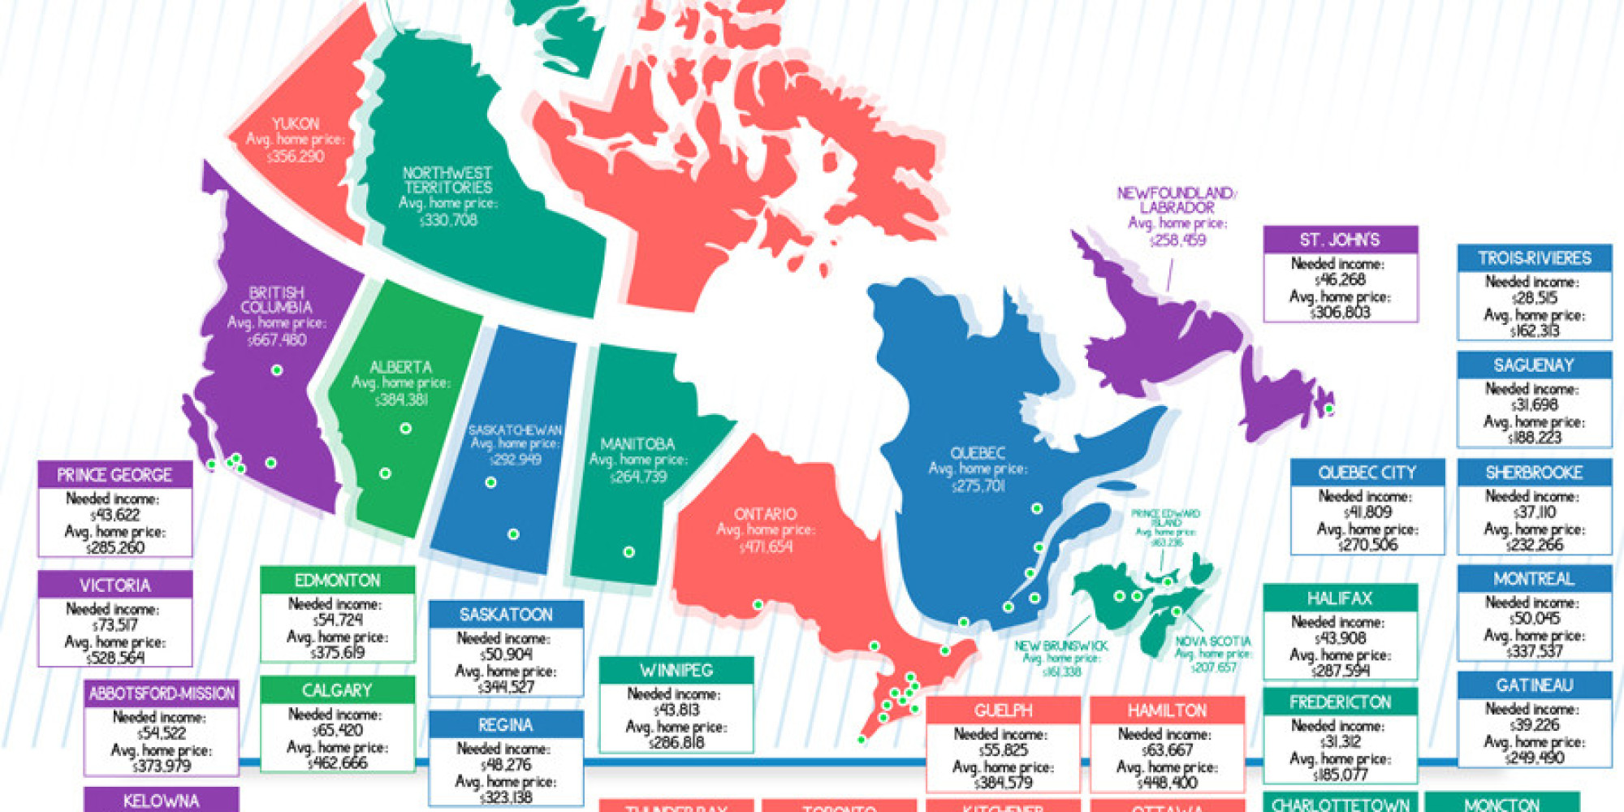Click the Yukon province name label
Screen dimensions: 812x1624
click(296, 123)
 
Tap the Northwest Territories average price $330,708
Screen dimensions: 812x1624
click(448, 220)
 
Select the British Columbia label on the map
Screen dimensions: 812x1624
click(276, 300)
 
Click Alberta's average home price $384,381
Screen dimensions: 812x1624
click(401, 400)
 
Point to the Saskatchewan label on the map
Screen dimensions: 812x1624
click(515, 430)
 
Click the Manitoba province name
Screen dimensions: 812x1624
click(637, 444)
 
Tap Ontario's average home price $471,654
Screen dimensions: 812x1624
click(765, 546)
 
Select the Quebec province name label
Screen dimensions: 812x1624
click(978, 453)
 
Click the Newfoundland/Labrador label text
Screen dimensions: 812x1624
click(1177, 200)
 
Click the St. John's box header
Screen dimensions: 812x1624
click(1340, 240)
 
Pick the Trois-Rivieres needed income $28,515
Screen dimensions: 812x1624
click(1534, 298)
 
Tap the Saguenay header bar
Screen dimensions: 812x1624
click(1534, 365)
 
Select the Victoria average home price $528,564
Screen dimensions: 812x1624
click(114, 658)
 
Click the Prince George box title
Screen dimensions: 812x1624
click(114, 474)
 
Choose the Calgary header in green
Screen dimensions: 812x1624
click(337, 690)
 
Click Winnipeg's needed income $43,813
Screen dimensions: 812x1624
click(676, 710)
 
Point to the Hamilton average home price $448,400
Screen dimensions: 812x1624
click(1167, 782)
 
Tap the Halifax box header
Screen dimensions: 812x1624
click(1340, 598)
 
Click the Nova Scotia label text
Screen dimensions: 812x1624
click(1213, 641)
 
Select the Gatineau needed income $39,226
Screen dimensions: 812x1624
click(1534, 725)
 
